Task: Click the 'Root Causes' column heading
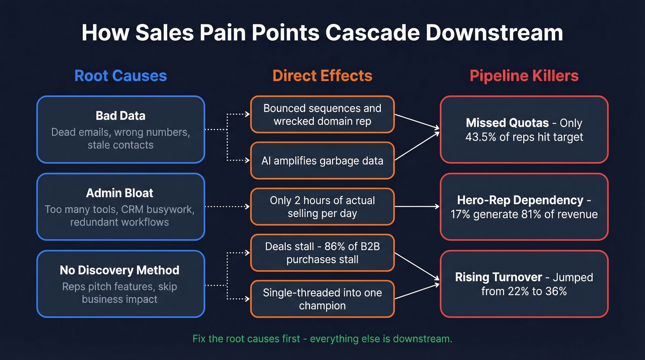click(x=121, y=76)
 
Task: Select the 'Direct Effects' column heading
click(x=322, y=76)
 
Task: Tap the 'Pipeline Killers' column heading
click(x=524, y=76)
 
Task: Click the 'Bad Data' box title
click(x=120, y=115)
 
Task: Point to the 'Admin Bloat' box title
click(x=120, y=193)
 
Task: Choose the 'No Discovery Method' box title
click(x=120, y=270)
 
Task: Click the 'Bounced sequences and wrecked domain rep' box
click(x=322, y=114)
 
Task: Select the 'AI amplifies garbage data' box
click(x=322, y=160)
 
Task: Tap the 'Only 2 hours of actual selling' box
click(x=322, y=207)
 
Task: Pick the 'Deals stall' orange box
click(x=322, y=253)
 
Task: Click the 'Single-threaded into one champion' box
click(x=322, y=299)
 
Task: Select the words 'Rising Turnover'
click(x=498, y=277)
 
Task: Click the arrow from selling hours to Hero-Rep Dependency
click(x=417, y=207)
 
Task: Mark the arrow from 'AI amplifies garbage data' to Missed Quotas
click(x=417, y=147)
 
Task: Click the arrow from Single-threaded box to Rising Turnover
click(x=417, y=291)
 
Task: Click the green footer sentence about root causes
click(x=322, y=339)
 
